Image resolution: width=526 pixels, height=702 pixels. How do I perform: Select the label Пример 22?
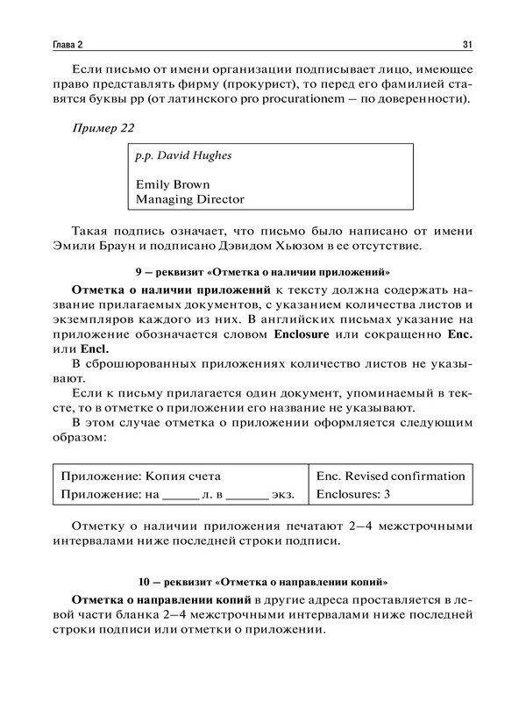point(104,128)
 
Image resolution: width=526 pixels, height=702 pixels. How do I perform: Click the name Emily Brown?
point(172,184)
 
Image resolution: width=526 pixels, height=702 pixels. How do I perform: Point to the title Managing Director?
point(190,200)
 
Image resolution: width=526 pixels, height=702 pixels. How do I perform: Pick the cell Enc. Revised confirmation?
point(390,476)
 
